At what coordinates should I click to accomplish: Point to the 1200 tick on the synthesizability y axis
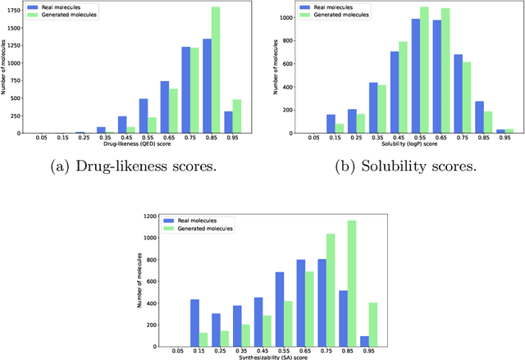(x=150, y=216)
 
